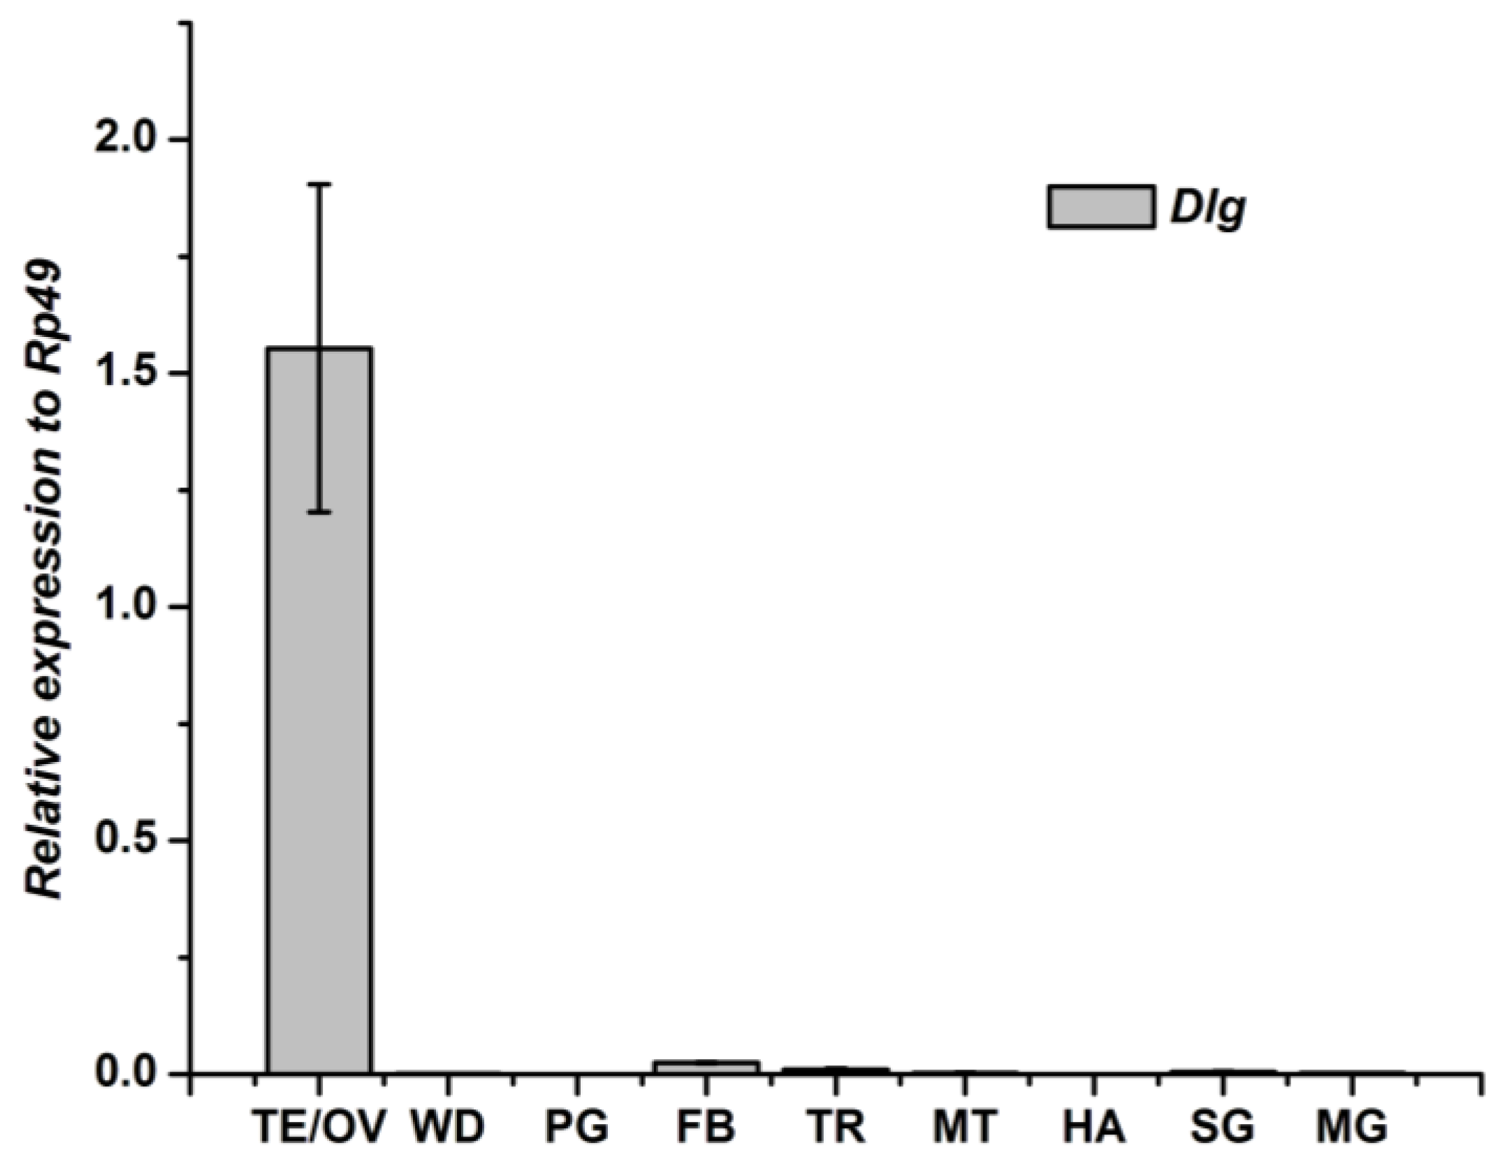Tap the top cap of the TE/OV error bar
pyautogui.click(x=319, y=185)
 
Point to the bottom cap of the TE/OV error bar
pyautogui.click(x=319, y=512)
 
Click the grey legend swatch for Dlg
pyautogui.click(x=1100, y=207)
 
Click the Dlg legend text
pyautogui.click(x=1208, y=208)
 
